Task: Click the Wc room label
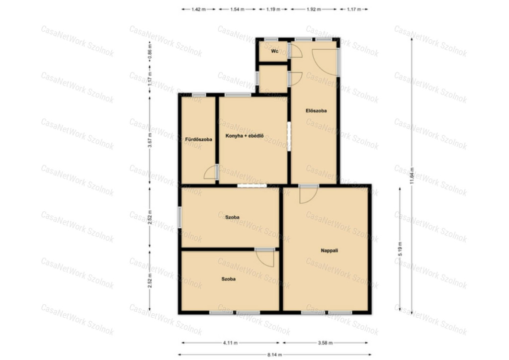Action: pos(274,51)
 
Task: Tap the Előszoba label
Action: pos(316,111)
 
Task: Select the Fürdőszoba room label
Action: pos(199,139)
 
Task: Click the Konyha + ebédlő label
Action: pos(245,136)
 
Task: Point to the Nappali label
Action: pos(329,251)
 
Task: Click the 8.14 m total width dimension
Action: pos(274,355)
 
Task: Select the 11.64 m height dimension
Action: pos(412,176)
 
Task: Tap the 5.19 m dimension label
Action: pos(400,249)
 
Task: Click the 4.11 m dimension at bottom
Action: pos(231,343)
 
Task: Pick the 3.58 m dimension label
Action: pos(325,343)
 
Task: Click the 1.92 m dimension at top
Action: pos(314,9)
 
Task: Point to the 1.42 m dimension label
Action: pos(198,9)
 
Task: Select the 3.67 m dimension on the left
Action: pos(150,140)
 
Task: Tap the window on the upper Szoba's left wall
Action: pos(180,217)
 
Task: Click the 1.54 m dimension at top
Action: pos(237,9)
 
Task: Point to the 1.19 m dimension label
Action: pos(273,9)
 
